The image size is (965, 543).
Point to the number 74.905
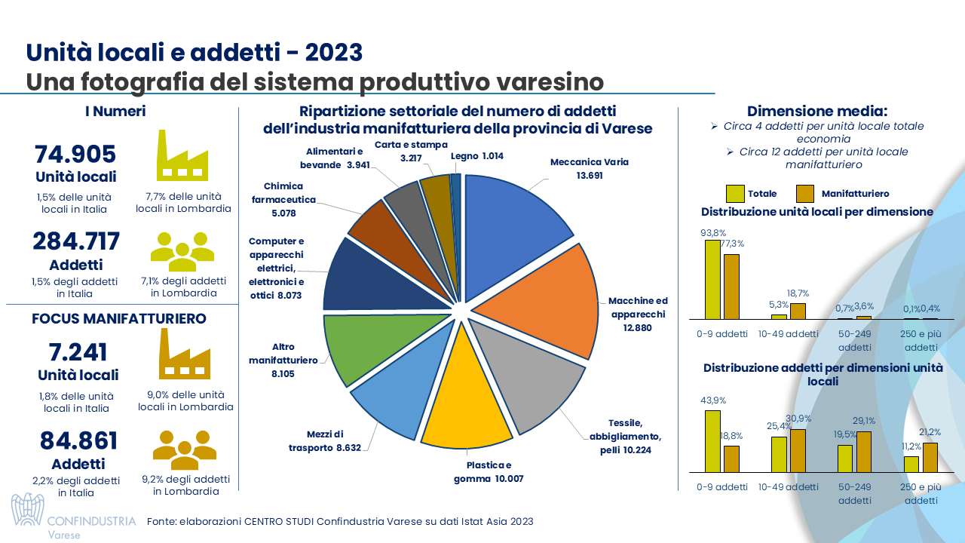(x=75, y=154)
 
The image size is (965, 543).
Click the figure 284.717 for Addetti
(x=76, y=241)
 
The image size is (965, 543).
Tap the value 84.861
(x=78, y=441)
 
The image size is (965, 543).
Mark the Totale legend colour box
(x=736, y=194)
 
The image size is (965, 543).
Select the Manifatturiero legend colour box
(x=804, y=194)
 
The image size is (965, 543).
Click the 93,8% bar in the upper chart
(x=712, y=279)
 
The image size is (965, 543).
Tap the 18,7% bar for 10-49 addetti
(x=798, y=311)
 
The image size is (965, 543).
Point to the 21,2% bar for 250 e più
(x=930, y=456)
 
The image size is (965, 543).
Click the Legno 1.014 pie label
(x=476, y=157)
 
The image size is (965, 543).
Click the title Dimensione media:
(x=817, y=111)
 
